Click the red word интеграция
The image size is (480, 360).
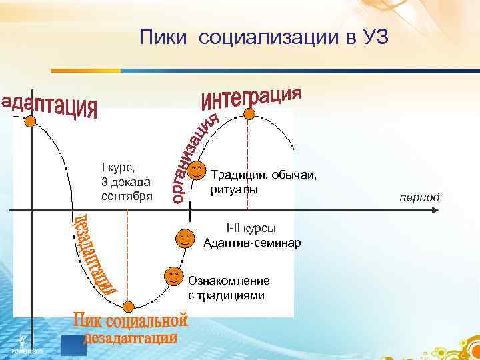(x=251, y=97)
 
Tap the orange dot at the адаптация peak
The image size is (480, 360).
(x=31, y=121)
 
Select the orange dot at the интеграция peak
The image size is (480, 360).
(x=249, y=113)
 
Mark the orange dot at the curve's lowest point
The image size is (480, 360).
(x=129, y=306)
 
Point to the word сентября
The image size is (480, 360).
(x=127, y=196)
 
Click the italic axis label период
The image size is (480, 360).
(x=419, y=197)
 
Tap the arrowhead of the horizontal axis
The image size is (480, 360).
(x=435, y=210)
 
